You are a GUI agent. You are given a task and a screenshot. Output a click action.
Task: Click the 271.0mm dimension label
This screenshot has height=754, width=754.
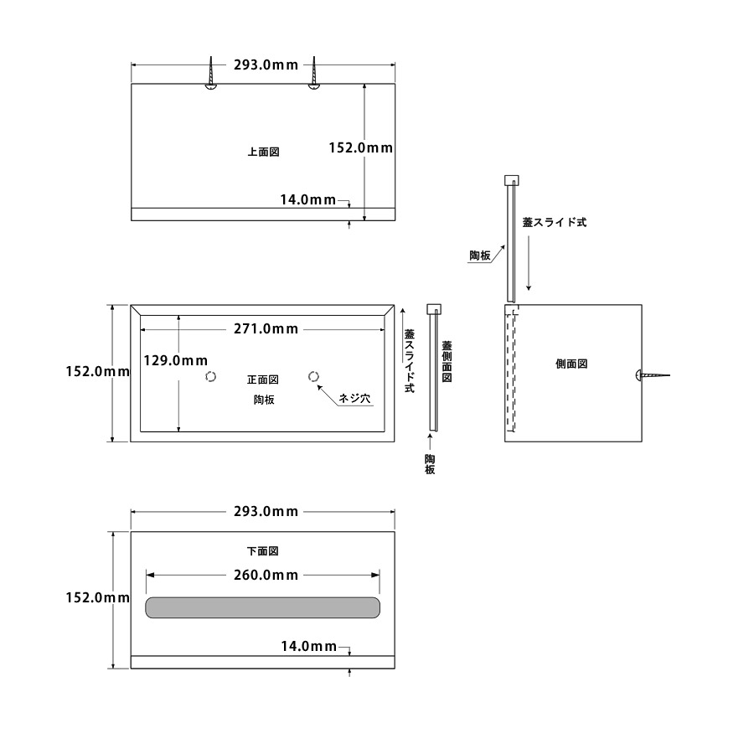266,329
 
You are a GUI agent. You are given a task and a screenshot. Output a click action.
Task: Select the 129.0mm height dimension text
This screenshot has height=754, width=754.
175,361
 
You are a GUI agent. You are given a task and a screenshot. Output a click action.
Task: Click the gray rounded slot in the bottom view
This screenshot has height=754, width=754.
263,607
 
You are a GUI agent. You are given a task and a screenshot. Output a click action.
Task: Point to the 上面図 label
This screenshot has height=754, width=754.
262,152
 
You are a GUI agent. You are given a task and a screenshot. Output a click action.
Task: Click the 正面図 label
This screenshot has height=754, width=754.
262,380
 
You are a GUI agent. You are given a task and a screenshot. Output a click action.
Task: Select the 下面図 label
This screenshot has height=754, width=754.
262,551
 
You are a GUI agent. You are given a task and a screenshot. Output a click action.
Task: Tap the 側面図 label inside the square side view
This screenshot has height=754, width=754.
571,364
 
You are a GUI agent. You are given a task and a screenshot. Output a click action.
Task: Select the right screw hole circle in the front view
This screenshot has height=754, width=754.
314,377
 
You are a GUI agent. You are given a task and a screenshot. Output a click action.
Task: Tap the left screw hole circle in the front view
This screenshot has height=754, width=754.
212,377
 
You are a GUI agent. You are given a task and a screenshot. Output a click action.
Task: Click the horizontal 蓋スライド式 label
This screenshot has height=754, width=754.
554,223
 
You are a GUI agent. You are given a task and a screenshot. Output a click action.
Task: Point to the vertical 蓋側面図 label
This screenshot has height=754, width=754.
447,361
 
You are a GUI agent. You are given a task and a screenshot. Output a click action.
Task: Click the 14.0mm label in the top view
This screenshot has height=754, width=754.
307,199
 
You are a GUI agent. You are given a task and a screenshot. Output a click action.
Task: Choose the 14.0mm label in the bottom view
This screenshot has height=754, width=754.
307,646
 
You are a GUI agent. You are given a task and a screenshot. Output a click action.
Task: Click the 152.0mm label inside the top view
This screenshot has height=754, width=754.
360,147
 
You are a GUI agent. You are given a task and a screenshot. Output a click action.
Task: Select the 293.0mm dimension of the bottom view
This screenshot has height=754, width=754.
266,511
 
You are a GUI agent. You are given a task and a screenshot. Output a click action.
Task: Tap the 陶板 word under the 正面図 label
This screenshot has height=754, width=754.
264,400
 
